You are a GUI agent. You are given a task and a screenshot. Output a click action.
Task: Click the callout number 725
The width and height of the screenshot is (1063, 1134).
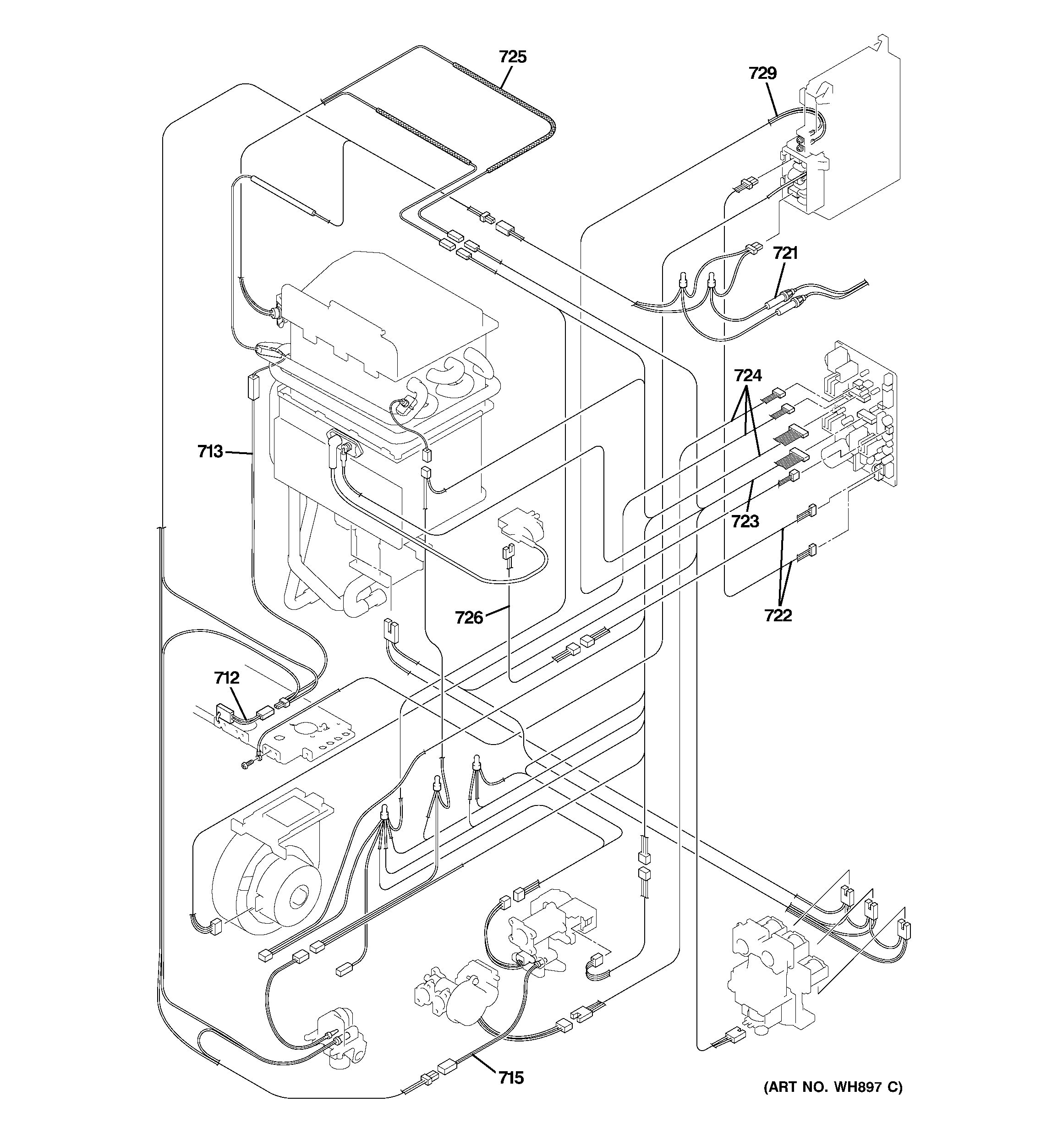[512, 57]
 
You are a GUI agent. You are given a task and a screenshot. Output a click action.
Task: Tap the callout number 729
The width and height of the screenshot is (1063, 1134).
[762, 74]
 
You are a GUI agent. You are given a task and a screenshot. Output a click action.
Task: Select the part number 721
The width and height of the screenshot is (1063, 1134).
[785, 253]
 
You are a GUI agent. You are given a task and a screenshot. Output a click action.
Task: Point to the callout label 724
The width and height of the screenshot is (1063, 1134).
[747, 375]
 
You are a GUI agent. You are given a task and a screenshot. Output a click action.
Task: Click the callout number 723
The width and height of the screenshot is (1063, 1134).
[745, 521]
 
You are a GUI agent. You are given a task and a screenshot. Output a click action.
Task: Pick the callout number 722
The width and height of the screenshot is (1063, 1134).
[778, 615]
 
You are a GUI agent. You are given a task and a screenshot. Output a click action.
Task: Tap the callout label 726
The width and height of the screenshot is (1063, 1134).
[469, 617]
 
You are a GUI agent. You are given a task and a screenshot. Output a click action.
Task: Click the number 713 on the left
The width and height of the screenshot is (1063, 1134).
[210, 452]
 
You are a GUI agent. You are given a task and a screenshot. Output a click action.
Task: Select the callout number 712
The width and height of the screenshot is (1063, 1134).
[226, 678]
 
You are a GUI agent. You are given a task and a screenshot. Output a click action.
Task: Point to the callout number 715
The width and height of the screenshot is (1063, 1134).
[511, 1078]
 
